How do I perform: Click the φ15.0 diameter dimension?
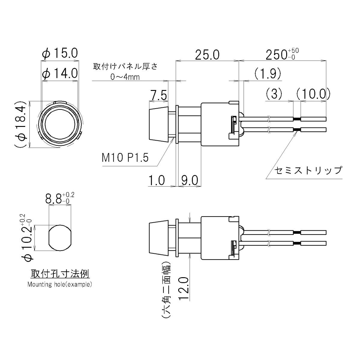pos(60,53)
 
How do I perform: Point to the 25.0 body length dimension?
pos(207,55)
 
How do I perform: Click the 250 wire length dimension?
pos(282,54)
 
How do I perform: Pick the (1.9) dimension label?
pos(268,73)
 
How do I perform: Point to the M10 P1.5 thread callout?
pos(125,157)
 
